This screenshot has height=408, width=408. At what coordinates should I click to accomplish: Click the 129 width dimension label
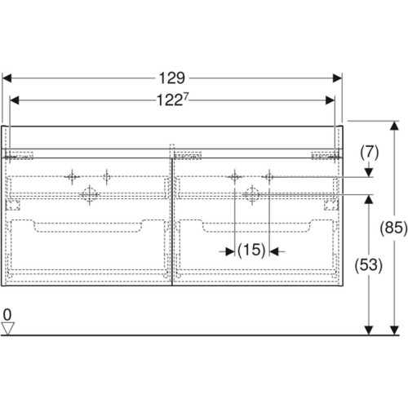click(172, 78)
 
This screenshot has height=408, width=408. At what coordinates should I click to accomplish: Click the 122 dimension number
click(170, 100)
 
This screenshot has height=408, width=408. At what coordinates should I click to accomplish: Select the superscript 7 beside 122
click(185, 96)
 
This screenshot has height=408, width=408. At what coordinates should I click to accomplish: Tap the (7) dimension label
click(370, 153)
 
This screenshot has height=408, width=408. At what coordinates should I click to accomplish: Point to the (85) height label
click(393, 228)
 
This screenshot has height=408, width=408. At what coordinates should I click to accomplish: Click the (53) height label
click(368, 265)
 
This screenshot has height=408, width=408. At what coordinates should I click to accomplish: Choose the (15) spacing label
click(251, 250)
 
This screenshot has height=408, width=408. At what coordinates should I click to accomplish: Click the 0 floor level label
click(7, 315)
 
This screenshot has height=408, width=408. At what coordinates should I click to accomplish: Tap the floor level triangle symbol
click(7, 328)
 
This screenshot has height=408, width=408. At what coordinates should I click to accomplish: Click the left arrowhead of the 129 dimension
click(7, 78)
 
